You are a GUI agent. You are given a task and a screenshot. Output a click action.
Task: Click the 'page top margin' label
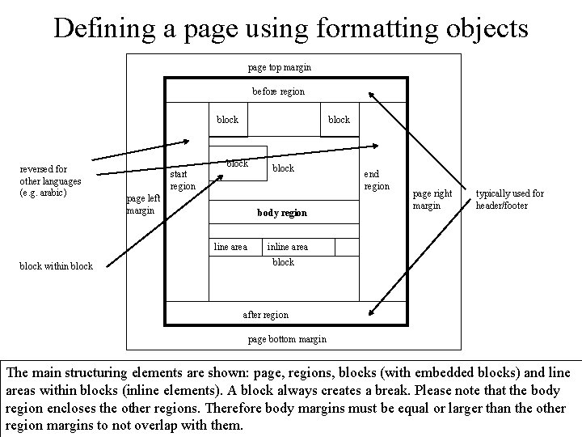click(279, 67)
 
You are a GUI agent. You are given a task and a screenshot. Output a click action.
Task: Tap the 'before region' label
click(278, 91)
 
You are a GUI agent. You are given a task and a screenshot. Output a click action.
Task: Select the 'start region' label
click(182, 180)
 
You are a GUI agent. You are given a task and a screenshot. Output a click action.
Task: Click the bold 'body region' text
click(282, 213)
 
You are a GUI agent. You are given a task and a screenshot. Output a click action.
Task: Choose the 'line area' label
click(230, 247)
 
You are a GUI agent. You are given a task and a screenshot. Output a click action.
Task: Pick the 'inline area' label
click(287, 247)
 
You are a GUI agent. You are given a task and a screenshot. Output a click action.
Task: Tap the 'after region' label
click(265, 314)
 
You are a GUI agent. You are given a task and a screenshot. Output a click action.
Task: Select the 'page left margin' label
click(143, 205)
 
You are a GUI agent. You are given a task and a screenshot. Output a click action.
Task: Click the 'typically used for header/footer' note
click(509, 199)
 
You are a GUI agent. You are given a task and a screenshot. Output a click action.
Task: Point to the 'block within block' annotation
click(56, 265)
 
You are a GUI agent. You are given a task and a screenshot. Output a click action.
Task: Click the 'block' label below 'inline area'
click(284, 262)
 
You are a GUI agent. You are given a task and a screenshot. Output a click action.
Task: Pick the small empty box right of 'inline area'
click(346, 247)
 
